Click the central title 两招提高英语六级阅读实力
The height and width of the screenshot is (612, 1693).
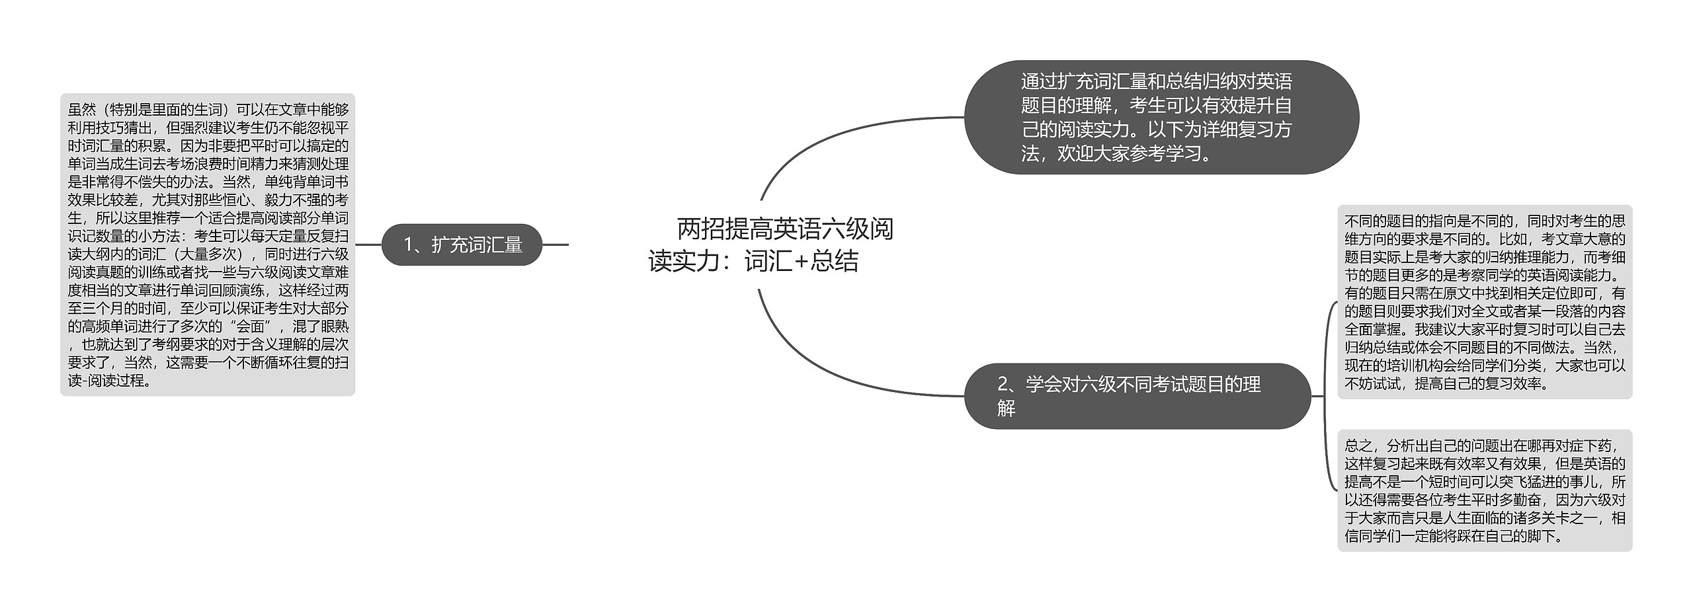(771, 245)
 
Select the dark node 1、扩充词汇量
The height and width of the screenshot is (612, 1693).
(462, 245)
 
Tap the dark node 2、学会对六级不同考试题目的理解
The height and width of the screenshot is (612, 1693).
(1137, 396)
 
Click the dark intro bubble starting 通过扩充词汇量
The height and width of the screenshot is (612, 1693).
(1161, 118)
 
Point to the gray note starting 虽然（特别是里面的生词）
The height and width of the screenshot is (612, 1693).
(208, 245)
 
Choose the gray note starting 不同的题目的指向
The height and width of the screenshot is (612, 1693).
(1484, 302)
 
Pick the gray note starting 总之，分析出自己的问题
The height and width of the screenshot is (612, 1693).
(1484, 490)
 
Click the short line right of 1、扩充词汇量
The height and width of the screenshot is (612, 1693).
(556, 245)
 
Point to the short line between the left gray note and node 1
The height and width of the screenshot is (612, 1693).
(368, 245)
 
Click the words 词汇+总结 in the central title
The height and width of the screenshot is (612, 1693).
(802, 262)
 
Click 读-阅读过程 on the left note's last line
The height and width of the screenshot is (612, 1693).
(109, 381)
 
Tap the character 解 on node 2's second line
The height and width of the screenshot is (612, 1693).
(1006, 409)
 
